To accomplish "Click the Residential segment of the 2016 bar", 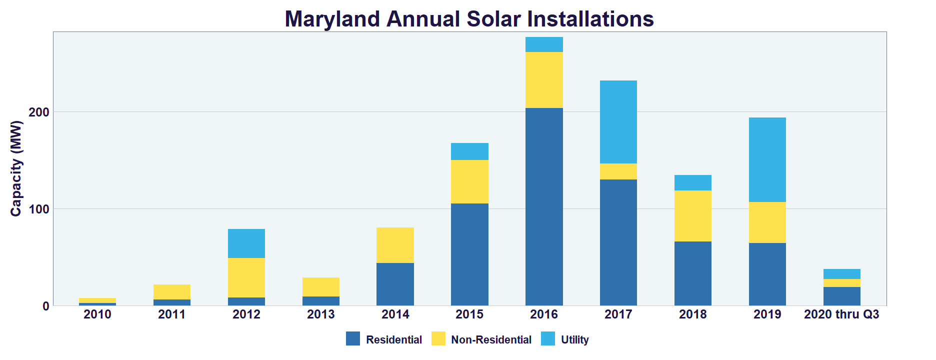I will click(544, 206).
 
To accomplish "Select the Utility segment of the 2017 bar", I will click(618, 122).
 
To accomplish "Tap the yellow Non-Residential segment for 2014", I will click(395, 245).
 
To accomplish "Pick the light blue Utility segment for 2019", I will click(767, 160).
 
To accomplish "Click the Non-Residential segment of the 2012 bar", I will click(246, 277).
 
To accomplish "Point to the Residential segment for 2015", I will click(469, 254).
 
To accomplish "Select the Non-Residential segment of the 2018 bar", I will click(693, 216).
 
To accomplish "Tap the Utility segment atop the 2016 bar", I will click(544, 44).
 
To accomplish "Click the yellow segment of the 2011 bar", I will click(172, 292).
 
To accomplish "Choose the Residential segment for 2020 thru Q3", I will click(842, 296).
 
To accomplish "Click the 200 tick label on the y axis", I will click(39, 112).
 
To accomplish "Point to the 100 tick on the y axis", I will click(39, 209).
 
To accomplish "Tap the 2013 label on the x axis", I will click(321, 314).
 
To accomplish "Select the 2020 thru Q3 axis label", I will click(841, 314).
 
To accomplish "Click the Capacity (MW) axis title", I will click(16, 168).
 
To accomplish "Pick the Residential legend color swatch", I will click(353, 339).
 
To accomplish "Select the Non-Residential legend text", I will click(491, 340).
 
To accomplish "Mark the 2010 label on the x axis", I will click(97, 314).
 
